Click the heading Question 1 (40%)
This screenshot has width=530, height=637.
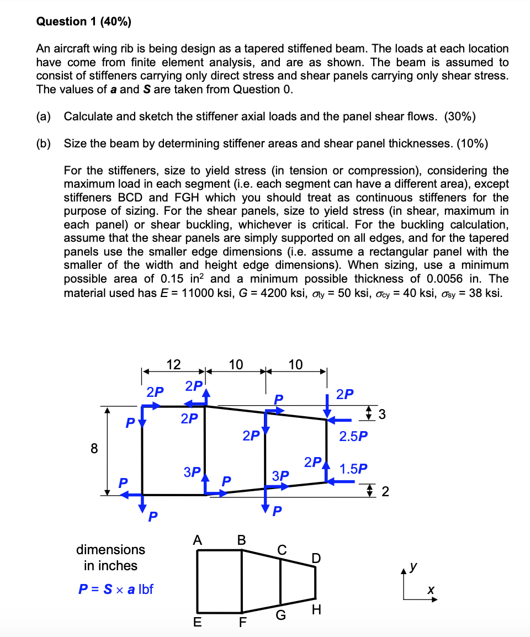pos(83,22)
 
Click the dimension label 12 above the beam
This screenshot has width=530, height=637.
pos(173,364)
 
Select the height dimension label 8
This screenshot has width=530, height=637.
pos(94,449)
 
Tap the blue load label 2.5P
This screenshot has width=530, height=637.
pos(353,436)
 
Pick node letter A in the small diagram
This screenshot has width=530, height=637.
pos(197,540)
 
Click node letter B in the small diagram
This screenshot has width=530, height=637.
pos(241,540)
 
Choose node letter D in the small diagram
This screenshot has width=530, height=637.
pos(315,559)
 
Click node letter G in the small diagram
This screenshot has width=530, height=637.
pos(280,615)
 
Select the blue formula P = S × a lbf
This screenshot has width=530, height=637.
pos(115,589)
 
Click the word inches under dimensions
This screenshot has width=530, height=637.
pos(111,566)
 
